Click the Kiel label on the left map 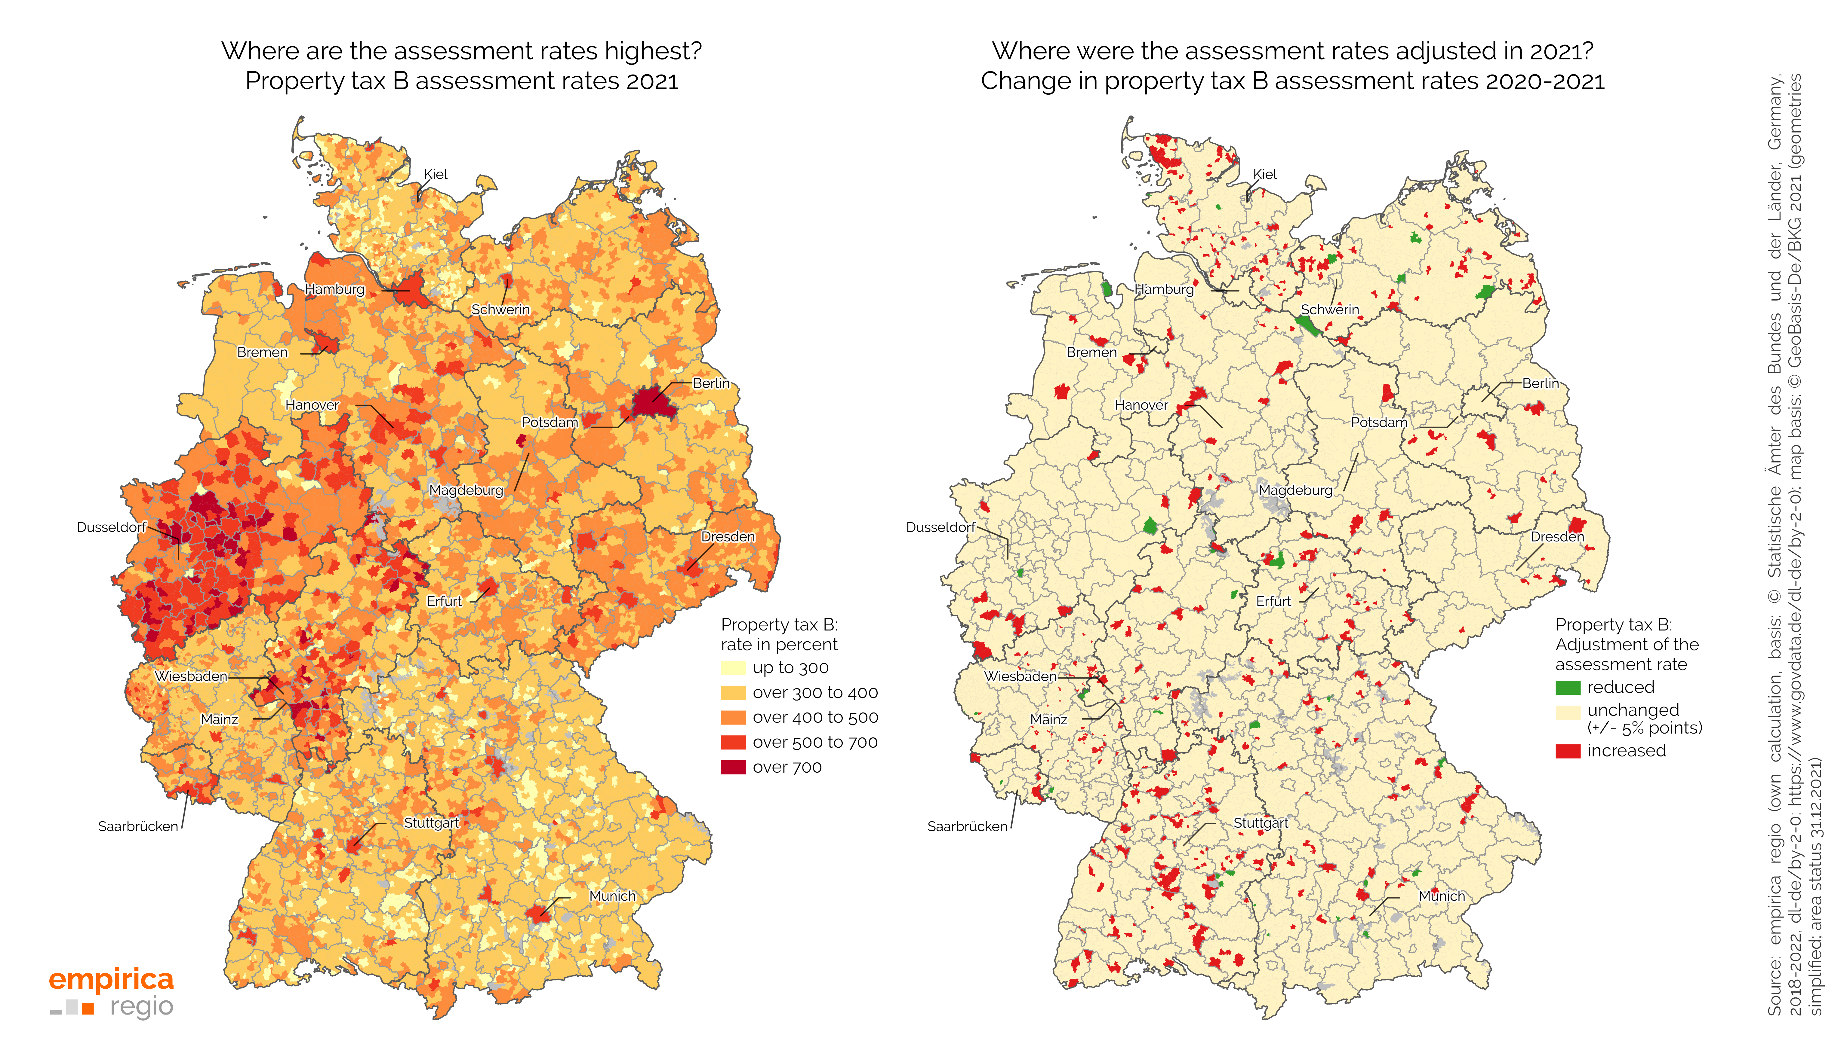tap(435, 175)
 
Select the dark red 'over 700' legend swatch tap(732, 767)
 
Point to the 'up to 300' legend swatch tap(732, 668)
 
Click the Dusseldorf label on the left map tap(112, 527)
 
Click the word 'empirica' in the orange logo tap(112, 979)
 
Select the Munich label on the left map tap(612, 896)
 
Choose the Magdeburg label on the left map tap(466, 490)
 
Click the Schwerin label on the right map tap(1330, 309)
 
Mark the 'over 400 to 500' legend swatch tap(732, 718)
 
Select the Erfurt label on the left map tap(444, 601)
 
